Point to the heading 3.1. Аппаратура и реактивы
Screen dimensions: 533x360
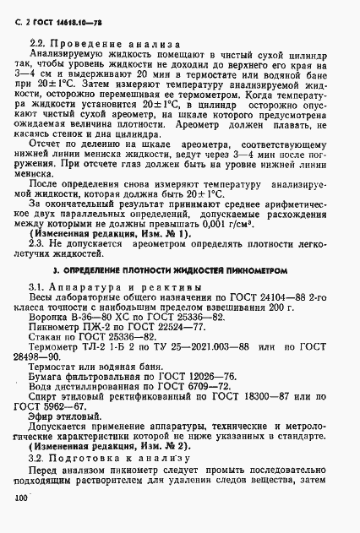pos(115,289)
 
